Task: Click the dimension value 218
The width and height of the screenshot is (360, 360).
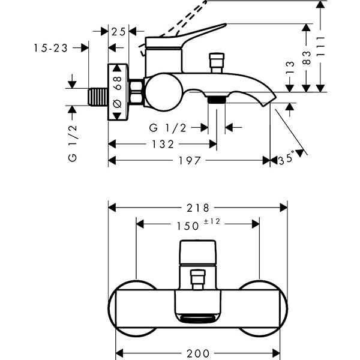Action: point(197,208)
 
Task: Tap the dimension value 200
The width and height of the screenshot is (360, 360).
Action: point(198,354)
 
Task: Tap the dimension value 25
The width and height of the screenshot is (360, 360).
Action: point(119,31)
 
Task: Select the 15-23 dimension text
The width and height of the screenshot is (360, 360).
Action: point(50,47)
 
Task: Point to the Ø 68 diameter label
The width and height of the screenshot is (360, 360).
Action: point(118,91)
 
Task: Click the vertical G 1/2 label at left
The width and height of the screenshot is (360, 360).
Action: point(73,145)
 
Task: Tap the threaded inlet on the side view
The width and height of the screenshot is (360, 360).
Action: point(98,97)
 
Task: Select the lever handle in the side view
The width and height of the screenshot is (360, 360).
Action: point(186,35)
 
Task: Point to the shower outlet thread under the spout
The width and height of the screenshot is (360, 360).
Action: point(217,98)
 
